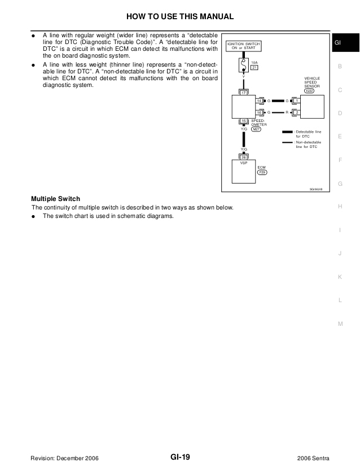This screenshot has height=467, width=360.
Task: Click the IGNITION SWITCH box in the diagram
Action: click(x=243, y=46)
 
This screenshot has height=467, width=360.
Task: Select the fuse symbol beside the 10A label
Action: click(x=243, y=67)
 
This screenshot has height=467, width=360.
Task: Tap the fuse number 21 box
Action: click(x=254, y=68)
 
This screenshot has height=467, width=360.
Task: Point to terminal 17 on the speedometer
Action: click(x=243, y=92)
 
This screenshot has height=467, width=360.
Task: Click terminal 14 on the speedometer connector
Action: click(x=259, y=101)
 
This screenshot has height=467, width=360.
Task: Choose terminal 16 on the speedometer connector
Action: click(x=259, y=112)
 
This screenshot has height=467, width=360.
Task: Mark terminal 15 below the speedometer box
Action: click(x=243, y=121)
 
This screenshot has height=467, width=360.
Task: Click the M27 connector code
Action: click(x=256, y=129)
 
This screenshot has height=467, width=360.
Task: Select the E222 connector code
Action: click(x=310, y=90)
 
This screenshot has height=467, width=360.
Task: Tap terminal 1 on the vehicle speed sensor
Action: click(x=297, y=101)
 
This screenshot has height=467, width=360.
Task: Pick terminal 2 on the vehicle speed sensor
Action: click(x=297, y=112)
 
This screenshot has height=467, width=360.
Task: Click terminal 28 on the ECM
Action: click(x=243, y=157)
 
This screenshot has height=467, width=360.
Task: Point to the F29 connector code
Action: click(x=262, y=172)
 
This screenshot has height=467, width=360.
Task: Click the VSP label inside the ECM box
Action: click(x=243, y=163)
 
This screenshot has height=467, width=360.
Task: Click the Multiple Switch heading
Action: click(x=55, y=199)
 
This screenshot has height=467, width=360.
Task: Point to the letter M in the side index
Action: click(x=340, y=324)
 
